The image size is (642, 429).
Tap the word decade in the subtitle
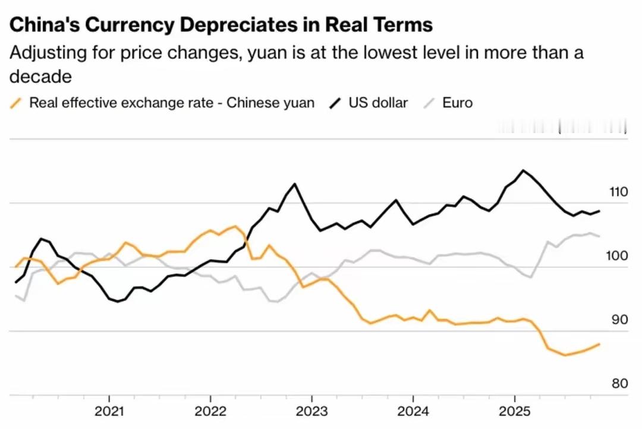[40, 77]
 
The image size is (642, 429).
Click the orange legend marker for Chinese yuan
[17, 103]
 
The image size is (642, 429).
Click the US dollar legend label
[378, 103]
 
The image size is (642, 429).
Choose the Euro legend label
[457, 103]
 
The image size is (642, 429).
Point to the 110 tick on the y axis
[618, 192]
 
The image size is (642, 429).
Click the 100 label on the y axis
[618, 256]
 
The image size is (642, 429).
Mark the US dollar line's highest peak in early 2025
[523, 171]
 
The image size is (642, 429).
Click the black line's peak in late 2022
[294, 184]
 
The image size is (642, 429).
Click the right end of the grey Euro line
[599, 236]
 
